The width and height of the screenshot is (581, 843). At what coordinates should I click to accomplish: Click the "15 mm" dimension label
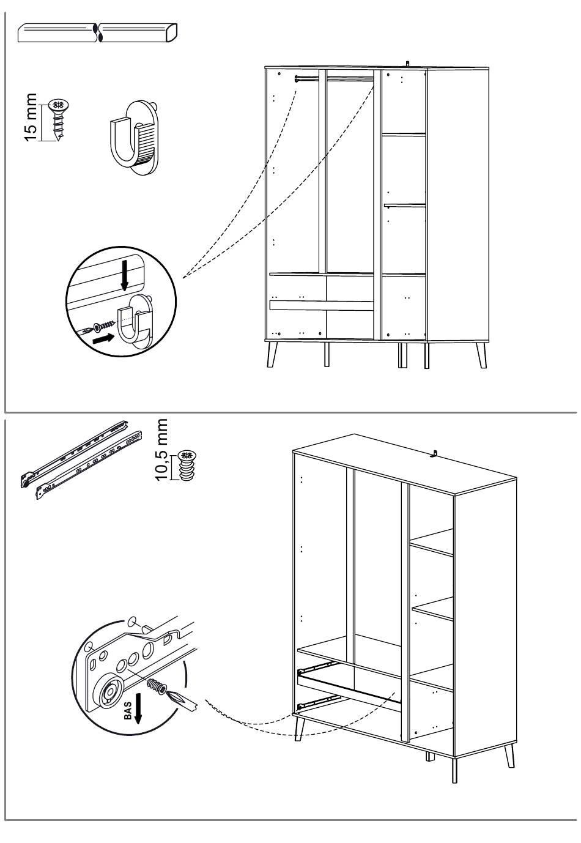coord(31,117)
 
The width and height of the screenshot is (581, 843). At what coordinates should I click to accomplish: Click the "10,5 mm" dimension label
coord(162,450)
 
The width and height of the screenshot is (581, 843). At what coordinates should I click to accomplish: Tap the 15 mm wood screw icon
coord(58,119)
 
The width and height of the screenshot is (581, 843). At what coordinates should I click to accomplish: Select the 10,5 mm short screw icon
coord(186,467)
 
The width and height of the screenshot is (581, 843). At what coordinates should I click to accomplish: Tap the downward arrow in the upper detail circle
coord(125,276)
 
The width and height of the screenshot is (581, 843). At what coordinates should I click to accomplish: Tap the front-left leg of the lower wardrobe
coord(300,728)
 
